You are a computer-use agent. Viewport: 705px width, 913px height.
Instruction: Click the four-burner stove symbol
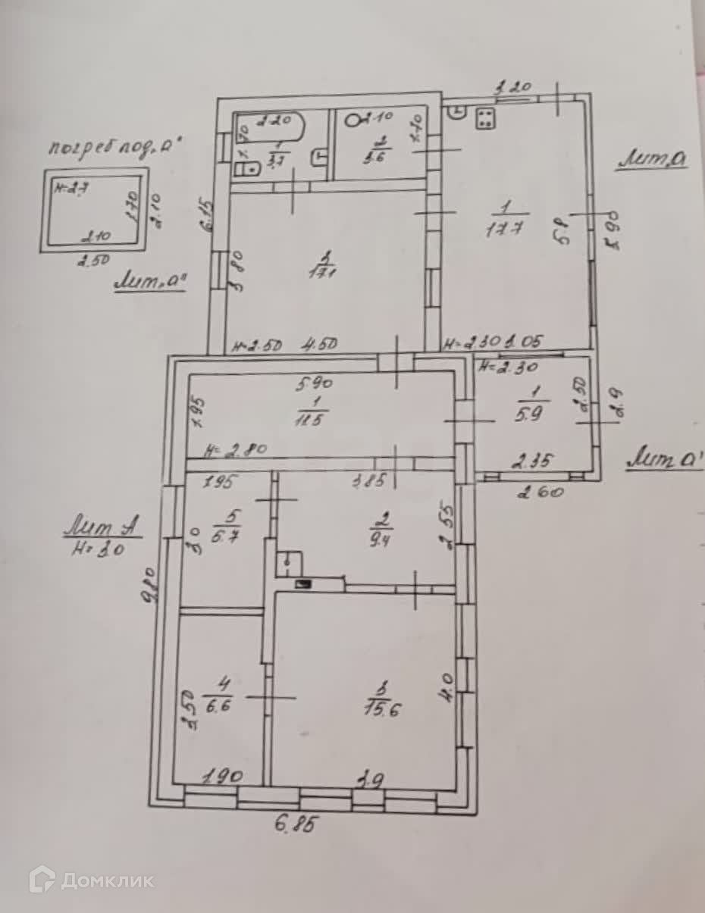point(485,118)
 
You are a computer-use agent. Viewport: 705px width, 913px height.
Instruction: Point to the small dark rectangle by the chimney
point(305,584)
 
